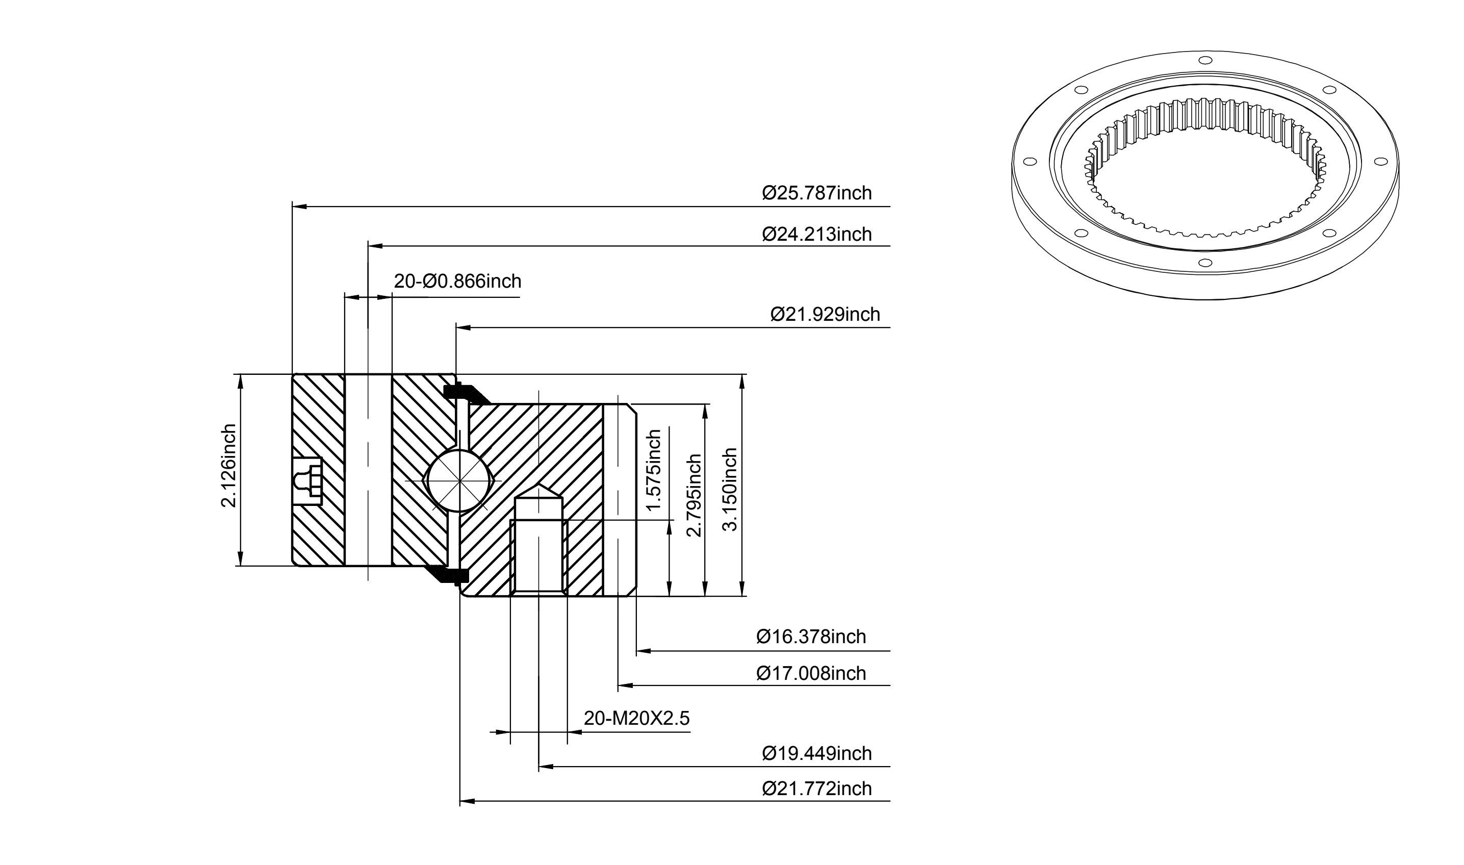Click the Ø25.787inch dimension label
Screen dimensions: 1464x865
click(816, 193)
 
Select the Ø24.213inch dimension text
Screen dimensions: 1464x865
click(816, 234)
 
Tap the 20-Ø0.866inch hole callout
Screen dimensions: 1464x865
click(457, 282)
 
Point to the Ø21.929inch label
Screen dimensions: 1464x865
click(825, 315)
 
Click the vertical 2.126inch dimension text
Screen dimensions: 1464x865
click(229, 466)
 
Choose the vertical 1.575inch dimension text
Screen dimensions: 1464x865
click(654, 470)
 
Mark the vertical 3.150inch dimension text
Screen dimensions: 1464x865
click(730, 490)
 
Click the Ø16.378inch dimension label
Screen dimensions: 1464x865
click(811, 637)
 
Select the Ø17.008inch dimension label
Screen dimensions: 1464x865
click(811, 673)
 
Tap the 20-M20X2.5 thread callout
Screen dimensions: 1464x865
click(636, 718)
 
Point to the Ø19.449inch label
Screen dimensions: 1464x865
click(816, 754)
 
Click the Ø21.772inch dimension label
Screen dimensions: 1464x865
click(816, 788)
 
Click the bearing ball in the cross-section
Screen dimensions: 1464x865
click(460, 480)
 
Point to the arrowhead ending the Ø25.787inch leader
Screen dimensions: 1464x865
click(299, 206)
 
